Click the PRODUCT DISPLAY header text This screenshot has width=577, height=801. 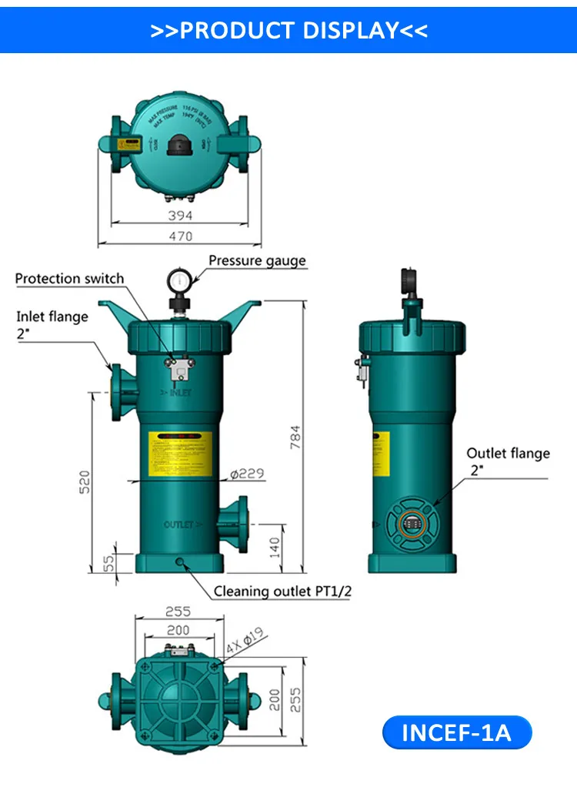tap(288, 31)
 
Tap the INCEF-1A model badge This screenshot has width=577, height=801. tap(457, 732)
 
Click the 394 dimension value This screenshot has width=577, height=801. tap(180, 216)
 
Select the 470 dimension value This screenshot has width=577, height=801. tap(180, 236)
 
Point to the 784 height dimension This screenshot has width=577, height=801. tap(295, 437)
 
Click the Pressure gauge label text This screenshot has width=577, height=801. tap(257, 260)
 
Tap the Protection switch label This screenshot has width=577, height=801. tap(69, 278)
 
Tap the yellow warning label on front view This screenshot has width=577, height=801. tap(180, 454)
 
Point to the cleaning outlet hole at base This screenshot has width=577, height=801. tap(180, 562)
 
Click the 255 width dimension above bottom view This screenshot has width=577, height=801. tap(178, 612)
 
